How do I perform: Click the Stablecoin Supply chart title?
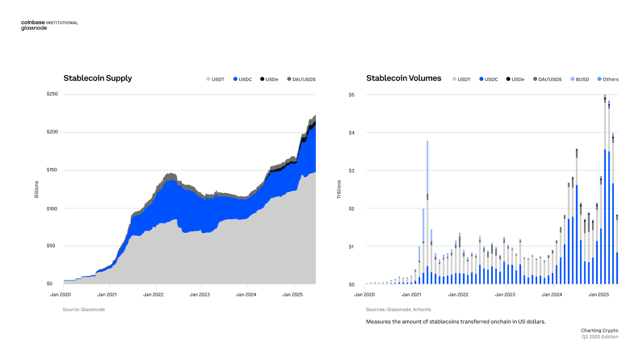(98, 78)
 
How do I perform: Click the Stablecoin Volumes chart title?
(404, 78)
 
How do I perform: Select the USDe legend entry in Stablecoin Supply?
(269, 79)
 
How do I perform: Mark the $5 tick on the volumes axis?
(352, 94)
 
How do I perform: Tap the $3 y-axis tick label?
(352, 171)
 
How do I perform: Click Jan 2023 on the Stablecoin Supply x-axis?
(199, 295)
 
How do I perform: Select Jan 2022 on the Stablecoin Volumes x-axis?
(459, 295)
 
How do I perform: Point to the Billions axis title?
(37, 189)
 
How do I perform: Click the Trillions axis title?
(339, 189)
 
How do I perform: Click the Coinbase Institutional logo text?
(49, 22)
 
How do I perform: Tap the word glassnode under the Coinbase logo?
(34, 28)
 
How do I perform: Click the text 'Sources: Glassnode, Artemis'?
(398, 309)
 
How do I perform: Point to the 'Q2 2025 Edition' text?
(600, 337)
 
